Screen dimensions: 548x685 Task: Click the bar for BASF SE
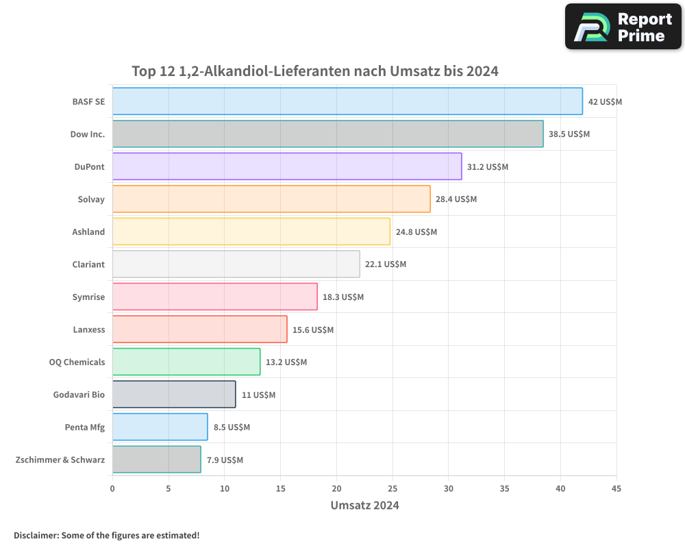click(347, 101)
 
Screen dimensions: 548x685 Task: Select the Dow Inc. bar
click(327, 134)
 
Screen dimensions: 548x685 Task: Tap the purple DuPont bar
click(287, 166)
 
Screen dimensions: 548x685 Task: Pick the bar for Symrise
click(214, 297)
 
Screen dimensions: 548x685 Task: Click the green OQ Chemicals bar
click(186, 362)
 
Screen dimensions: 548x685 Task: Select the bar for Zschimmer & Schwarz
click(156, 460)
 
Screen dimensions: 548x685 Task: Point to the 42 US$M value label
click(605, 102)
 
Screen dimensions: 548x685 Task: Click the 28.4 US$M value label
click(456, 199)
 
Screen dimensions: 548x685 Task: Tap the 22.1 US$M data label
click(386, 264)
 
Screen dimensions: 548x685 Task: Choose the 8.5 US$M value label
click(232, 427)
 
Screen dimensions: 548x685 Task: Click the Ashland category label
click(88, 232)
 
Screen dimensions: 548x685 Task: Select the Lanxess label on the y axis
click(89, 329)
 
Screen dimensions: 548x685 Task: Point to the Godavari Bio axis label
click(79, 395)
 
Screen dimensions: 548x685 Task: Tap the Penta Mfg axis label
click(85, 427)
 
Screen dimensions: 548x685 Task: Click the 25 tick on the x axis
click(393, 488)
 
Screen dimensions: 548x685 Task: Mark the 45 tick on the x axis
click(616, 488)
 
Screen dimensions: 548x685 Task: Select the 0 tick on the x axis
click(112, 488)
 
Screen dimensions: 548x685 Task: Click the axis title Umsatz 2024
click(364, 506)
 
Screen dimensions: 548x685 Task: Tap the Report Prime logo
click(623, 27)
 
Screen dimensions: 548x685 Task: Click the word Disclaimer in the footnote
click(36, 535)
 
